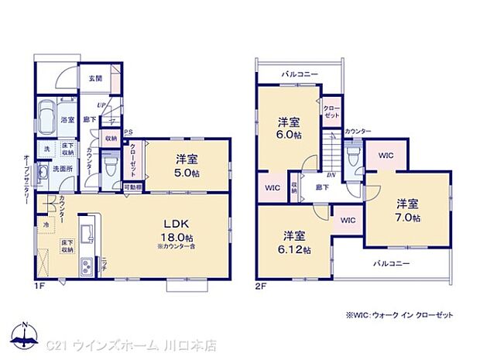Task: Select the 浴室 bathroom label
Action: pos(67,119)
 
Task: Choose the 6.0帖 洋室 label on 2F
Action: pos(290,129)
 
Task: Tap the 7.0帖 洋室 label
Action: pos(408,210)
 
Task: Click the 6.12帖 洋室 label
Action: pos(295,242)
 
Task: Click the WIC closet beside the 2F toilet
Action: pos(386,156)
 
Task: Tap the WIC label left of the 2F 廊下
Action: pos(272,187)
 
